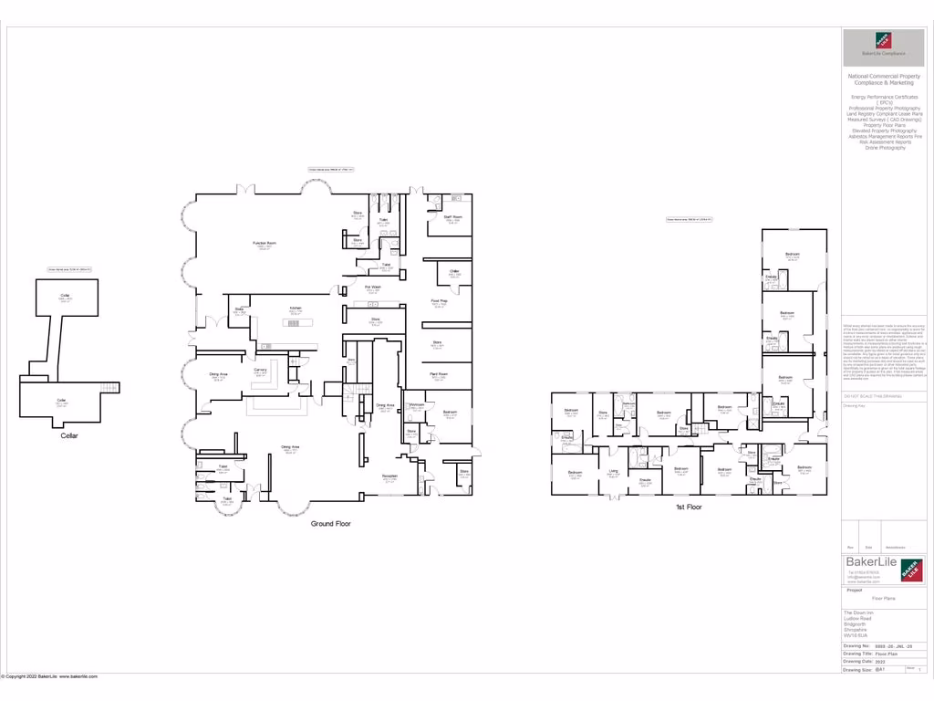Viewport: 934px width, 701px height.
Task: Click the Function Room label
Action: tap(265, 243)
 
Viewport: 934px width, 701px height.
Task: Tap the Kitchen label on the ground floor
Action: tap(295, 309)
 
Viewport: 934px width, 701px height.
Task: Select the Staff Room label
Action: tap(452, 217)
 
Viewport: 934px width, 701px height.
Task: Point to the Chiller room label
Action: tap(454, 270)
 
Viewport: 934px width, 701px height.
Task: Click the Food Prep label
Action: tap(439, 301)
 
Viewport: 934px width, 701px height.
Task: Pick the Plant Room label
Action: tap(439, 374)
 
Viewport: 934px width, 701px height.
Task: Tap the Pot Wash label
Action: tap(372, 287)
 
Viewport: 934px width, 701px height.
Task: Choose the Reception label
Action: tap(389, 476)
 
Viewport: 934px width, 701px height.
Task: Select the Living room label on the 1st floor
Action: tap(613, 471)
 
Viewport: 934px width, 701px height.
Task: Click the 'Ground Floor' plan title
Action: tap(330, 524)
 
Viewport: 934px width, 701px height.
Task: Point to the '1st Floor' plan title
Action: tap(688, 507)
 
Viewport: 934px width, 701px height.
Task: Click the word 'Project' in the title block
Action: tap(855, 591)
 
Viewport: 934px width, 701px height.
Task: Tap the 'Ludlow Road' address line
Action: tap(857, 618)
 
